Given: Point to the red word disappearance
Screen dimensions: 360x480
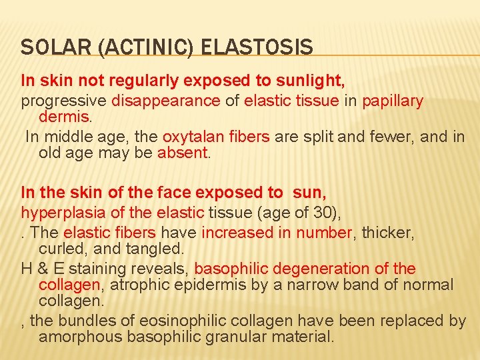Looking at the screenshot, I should coord(166,101).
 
